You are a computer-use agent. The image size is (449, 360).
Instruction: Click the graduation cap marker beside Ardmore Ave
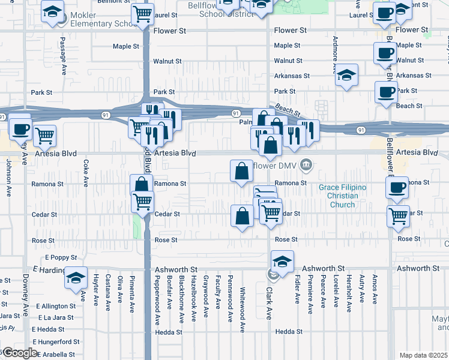[346, 75]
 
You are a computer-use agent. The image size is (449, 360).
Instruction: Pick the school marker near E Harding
[76, 278]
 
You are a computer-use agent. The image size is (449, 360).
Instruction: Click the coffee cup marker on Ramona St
[396, 187]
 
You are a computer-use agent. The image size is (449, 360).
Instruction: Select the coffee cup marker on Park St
[386, 92]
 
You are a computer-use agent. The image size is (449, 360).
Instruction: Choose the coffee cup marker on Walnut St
[385, 53]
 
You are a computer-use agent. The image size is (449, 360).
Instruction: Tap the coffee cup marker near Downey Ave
[20, 128]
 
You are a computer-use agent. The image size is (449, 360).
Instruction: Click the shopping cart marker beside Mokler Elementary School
[142, 13]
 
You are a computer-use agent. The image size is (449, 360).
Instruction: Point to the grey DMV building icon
[306, 164]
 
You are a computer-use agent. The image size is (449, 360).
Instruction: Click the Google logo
[19, 353]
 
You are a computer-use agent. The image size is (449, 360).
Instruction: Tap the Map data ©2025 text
[423, 355]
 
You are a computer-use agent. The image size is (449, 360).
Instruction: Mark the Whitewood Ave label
[243, 310]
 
